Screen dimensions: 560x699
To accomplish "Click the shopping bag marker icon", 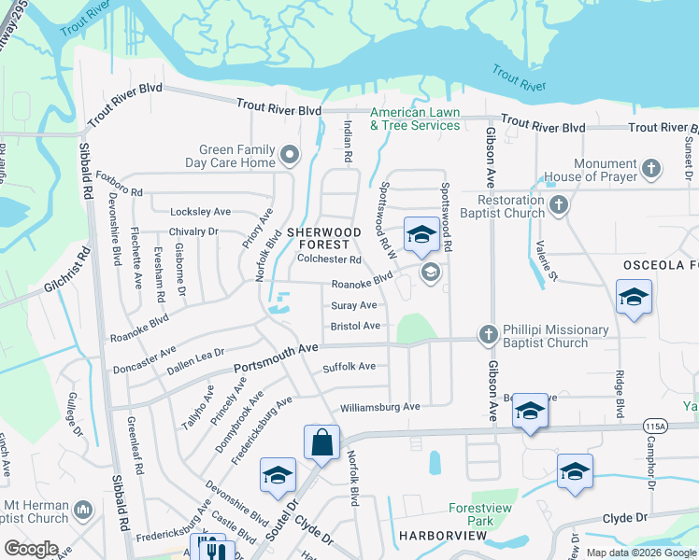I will coord(321,442).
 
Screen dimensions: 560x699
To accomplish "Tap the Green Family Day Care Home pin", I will coord(290,154).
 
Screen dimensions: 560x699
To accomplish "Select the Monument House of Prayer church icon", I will coord(651,169).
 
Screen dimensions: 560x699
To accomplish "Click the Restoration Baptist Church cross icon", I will coord(559,204).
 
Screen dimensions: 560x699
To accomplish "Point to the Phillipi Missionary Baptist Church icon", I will coord(487,334).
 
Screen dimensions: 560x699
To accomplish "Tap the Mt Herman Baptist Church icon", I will coord(82,510).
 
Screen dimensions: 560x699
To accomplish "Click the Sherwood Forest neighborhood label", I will coord(323,237).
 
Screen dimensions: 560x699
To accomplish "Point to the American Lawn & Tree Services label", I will coord(415,119).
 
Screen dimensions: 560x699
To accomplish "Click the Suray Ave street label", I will coord(354,305).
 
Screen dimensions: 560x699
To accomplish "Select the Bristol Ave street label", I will coord(355,326).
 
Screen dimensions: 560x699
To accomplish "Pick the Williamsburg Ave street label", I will coord(379,407).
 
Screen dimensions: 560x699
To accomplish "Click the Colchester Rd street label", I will coord(328,259).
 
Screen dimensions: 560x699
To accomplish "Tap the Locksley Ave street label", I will coord(200,212).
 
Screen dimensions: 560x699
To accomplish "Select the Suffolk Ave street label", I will coord(349,367).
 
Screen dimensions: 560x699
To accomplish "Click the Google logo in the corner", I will coord(31,549).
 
